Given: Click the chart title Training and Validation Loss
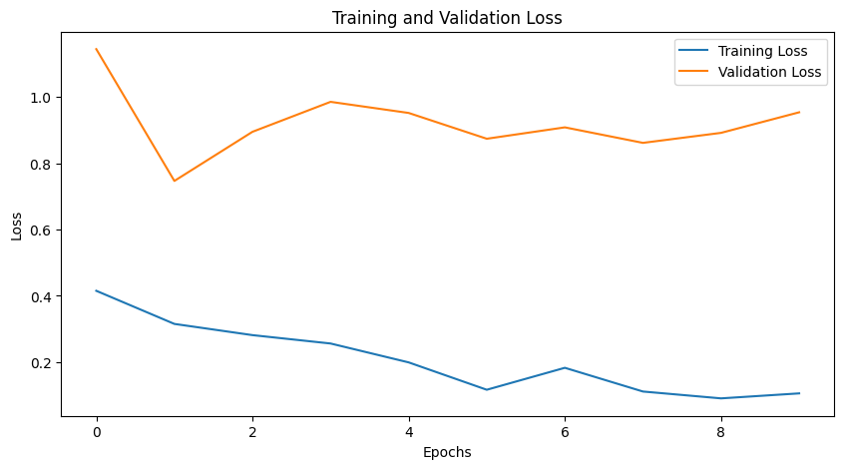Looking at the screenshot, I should tap(446, 17).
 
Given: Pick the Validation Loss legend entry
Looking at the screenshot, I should tap(769, 72).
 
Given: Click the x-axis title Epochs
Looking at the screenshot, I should tap(446, 452).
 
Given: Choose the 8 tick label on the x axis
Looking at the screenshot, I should tap(721, 433).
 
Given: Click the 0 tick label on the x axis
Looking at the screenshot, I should tap(96, 433).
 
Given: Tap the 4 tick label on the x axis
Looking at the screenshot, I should tap(408, 433).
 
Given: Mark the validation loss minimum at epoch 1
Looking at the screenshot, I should tap(175, 181).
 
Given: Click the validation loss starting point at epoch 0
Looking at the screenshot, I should tap(96, 49).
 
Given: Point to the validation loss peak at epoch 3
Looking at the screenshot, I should tap(330, 102).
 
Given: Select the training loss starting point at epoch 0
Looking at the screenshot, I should tap(96, 290).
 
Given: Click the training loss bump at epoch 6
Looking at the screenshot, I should tap(565, 367).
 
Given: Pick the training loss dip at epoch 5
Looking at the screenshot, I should tap(487, 389).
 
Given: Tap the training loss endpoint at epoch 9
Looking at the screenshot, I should tap(799, 393).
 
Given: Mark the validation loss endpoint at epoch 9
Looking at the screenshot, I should tap(799, 112).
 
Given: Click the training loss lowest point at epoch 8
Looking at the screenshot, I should tap(721, 398).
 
